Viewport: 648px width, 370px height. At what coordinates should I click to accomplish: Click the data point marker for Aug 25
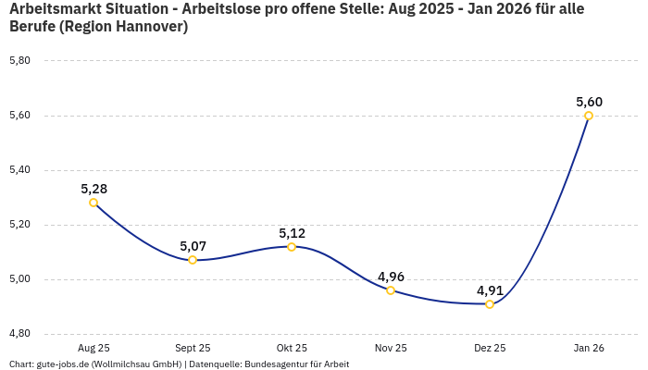(93, 203)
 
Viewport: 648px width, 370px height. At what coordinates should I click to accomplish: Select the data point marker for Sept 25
(193, 260)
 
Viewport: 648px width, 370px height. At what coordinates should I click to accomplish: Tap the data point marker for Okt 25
(292, 247)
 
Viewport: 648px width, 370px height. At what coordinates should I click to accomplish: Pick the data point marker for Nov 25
(391, 290)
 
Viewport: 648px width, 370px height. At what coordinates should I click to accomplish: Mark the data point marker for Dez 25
(490, 304)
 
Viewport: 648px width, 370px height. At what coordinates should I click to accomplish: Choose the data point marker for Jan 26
(589, 116)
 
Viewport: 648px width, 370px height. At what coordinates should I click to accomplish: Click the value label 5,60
(589, 102)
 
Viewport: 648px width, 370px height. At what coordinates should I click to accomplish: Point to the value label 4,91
(490, 290)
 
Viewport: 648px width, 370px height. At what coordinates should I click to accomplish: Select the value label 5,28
(93, 189)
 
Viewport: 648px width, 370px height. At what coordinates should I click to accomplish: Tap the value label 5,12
(292, 233)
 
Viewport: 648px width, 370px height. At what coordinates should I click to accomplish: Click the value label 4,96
(391, 277)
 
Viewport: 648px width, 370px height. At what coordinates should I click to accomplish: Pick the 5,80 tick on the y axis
(19, 61)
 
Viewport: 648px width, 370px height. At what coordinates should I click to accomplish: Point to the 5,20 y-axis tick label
(19, 225)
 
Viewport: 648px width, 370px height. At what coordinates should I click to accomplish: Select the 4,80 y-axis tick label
(19, 334)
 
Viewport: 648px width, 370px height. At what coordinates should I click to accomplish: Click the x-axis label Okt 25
(292, 349)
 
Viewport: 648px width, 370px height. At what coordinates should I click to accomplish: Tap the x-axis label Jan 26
(589, 349)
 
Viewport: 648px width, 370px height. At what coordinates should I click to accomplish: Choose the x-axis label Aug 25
(93, 349)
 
